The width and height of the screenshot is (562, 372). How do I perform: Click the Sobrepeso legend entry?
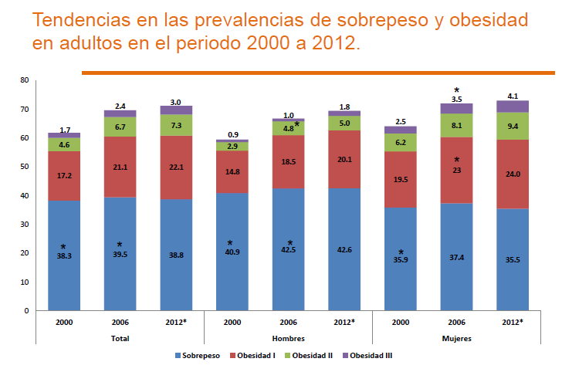[200, 356]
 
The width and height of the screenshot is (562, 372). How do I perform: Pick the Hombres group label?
[288, 338]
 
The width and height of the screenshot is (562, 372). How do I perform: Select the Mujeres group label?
[456, 338]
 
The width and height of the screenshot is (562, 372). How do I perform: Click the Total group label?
[119, 338]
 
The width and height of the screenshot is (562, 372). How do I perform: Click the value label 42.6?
[344, 249]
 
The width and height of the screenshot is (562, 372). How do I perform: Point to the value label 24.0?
[513, 174]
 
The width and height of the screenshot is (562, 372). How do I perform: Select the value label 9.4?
[513, 126]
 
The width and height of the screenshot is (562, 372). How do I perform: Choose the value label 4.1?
[513, 96]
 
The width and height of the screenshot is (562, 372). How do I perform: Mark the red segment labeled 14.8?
[232, 171]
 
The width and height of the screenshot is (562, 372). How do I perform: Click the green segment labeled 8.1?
[456, 126]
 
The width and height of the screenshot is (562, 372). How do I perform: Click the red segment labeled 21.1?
[119, 166]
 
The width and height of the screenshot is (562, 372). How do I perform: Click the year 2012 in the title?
[332, 43]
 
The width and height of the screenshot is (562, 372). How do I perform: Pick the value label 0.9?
[232, 135]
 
